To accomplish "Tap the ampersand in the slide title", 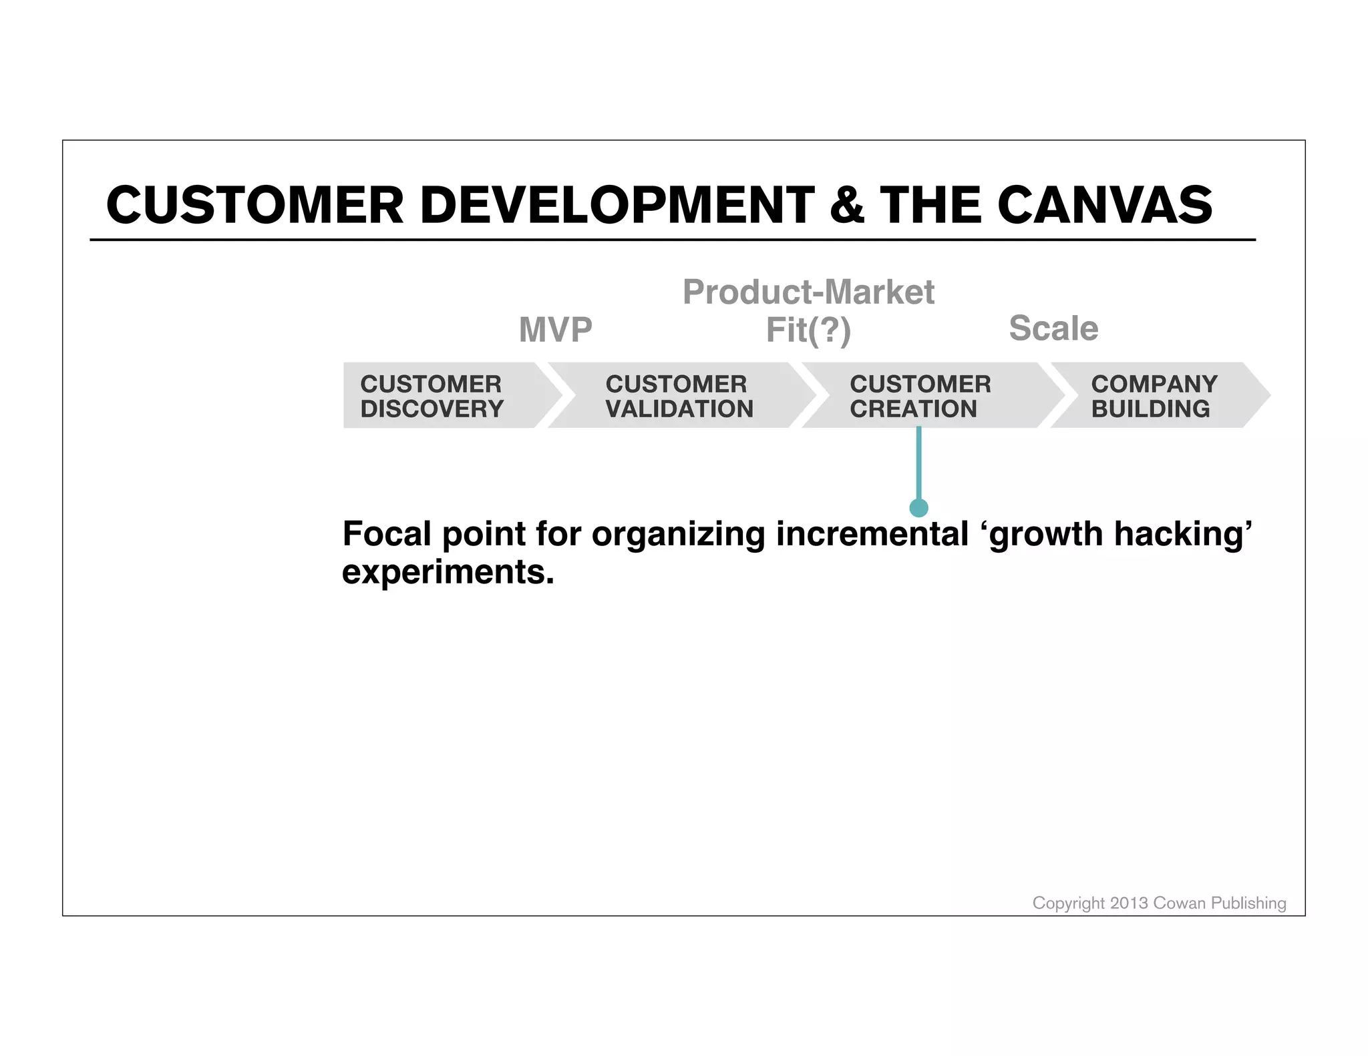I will tap(847, 206).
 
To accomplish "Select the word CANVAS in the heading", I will tap(1105, 206).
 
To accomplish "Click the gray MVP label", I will tap(556, 330).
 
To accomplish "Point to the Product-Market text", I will tap(808, 292).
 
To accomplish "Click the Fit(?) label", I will tap(808, 330).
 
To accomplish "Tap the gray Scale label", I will tap(1053, 328).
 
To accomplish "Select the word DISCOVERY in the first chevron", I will tap(432, 409).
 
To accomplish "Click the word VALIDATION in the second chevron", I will tap(679, 409).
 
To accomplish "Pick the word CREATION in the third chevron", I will tap(913, 409).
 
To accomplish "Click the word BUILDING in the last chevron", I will tap(1150, 409).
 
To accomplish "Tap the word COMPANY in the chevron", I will tap(1154, 384).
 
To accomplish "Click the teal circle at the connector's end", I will tap(919, 508).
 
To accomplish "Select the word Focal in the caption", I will tap(387, 534).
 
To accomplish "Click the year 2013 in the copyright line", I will tap(1129, 903).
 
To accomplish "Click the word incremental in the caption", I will tap(872, 534).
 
